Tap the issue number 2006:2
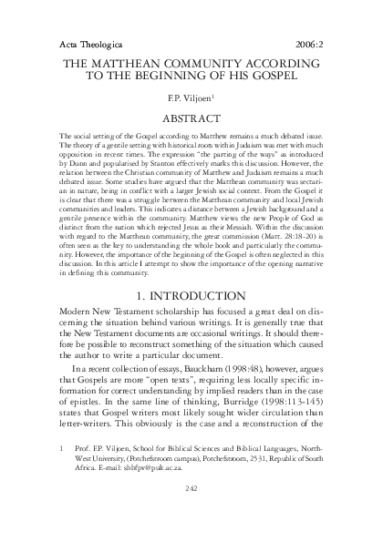[332, 44]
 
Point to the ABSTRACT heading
[191, 118]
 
